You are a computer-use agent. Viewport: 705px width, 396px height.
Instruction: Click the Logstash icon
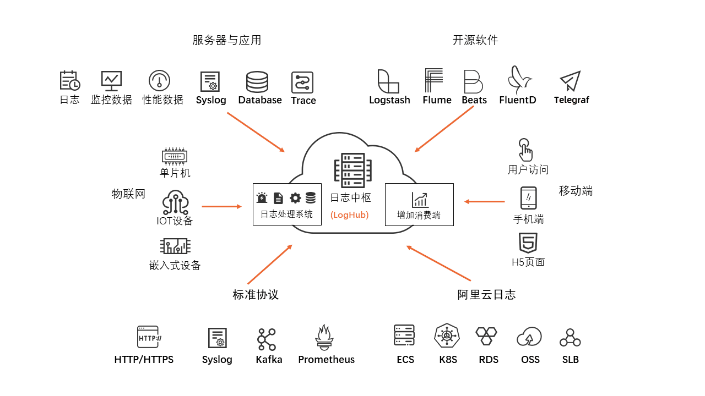[388, 81]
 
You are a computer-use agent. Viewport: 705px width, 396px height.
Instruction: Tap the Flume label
[437, 100]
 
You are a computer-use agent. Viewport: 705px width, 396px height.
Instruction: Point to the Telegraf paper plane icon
[571, 81]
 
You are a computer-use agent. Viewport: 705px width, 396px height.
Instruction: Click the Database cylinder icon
[257, 82]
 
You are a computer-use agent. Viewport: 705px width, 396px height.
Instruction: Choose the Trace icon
[302, 82]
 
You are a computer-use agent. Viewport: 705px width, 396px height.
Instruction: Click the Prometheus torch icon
[324, 338]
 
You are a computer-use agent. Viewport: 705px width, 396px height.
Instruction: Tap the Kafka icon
[267, 339]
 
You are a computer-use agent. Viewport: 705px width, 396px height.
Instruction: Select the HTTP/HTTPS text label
[144, 360]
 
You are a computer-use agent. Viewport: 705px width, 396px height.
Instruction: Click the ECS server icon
[404, 335]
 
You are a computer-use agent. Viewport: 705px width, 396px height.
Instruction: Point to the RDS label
[489, 360]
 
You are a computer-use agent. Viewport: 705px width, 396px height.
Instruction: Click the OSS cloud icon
[529, 337]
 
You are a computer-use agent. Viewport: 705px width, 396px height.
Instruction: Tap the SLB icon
[570, 338]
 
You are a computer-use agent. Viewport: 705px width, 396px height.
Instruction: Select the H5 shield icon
[528, 243]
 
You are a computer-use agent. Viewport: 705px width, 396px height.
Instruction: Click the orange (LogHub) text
[350, 215]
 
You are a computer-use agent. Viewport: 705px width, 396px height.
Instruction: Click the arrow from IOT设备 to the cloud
[221, 206]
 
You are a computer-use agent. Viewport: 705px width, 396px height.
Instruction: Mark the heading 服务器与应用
[227, 40]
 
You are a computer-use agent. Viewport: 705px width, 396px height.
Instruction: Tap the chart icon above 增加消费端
[420, 200]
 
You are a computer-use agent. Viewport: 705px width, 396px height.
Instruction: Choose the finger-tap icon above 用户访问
[525, 150]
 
